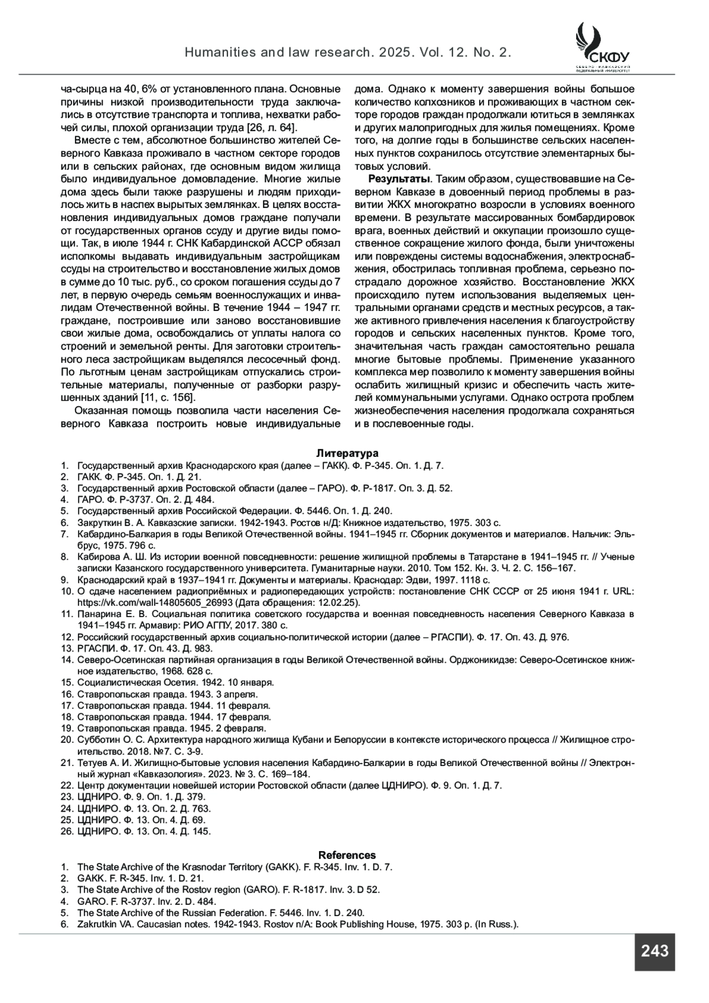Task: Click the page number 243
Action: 654,952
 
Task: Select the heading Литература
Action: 347,453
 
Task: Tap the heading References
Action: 347,855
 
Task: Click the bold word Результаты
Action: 399,179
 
